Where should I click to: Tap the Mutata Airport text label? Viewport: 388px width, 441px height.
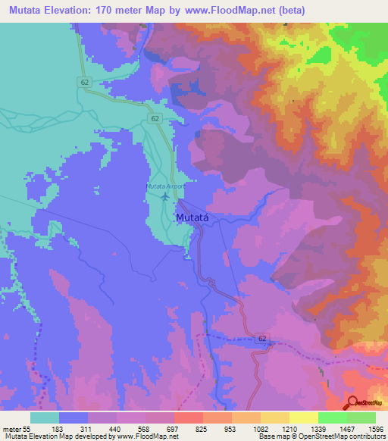[165, 186]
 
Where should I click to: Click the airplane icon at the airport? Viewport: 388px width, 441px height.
[165, 196]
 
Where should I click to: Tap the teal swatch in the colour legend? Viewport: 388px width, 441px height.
[45, 418]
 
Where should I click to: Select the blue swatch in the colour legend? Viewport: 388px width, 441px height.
[74, 418]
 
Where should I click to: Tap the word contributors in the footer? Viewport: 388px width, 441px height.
[365, 436]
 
